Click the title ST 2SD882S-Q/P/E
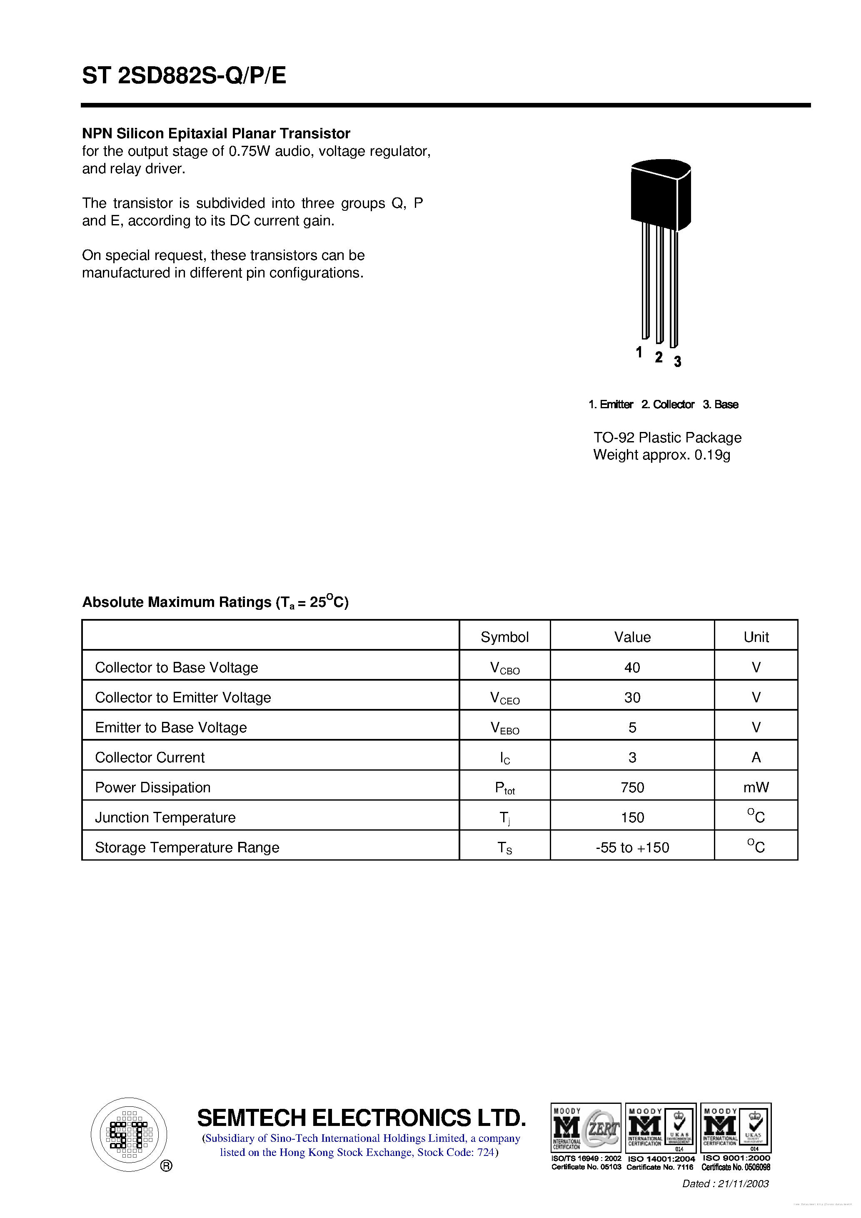(184, 76)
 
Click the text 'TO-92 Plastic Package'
(667, 438)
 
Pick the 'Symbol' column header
(504, 637)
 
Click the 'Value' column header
(632, 637)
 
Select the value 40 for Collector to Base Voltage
(632, 667)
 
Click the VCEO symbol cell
(504, 698)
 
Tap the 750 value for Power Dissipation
(632, 788)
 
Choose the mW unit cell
(756, 788)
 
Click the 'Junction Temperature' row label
(165, 817)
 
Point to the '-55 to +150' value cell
(632, 848)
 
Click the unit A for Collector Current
(756, 758)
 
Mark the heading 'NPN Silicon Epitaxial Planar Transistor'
(216, 134)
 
